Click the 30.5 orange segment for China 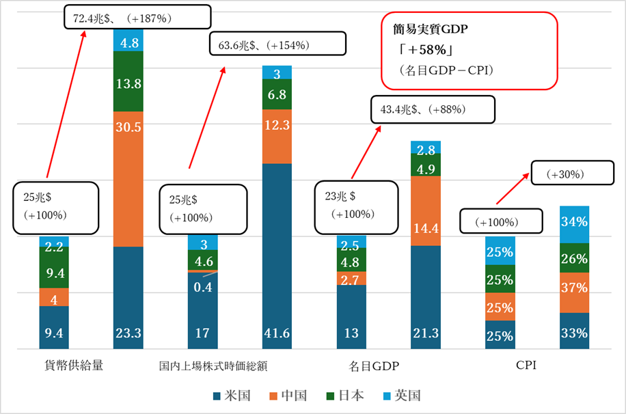point(128,178)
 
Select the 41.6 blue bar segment point(277,256)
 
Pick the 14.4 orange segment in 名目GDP point(426,211)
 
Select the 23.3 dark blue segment point(128,298)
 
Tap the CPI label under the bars point(526,365)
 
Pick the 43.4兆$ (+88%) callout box point(432,109)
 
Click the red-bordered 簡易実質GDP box point(469,51)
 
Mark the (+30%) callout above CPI point(573,174)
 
